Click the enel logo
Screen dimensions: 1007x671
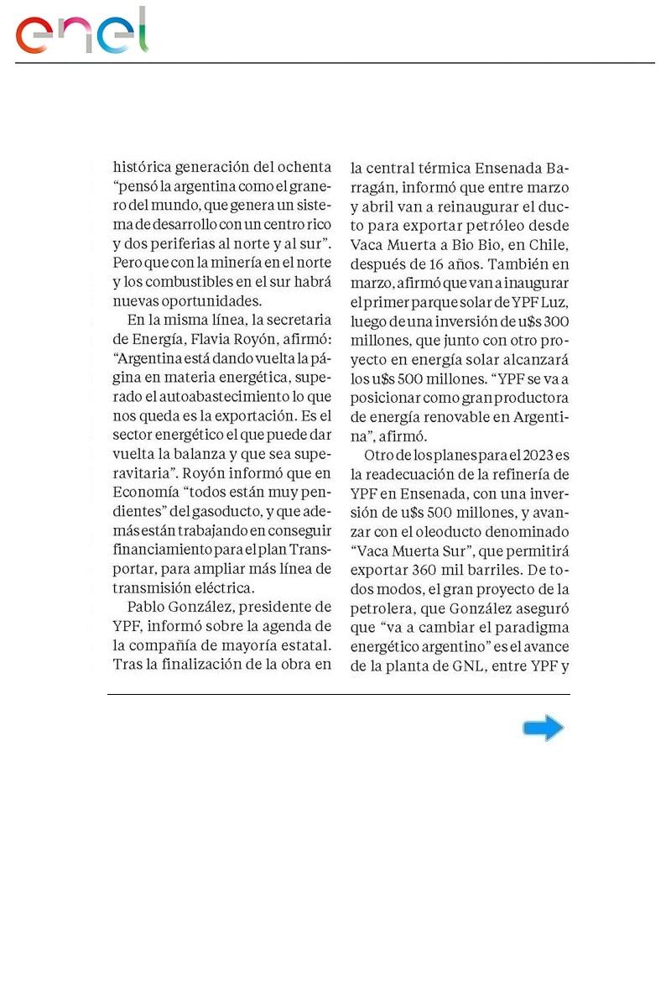point(81,32)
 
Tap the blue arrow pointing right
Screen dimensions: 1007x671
point(543,728)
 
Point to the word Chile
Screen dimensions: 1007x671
point(546,245)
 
